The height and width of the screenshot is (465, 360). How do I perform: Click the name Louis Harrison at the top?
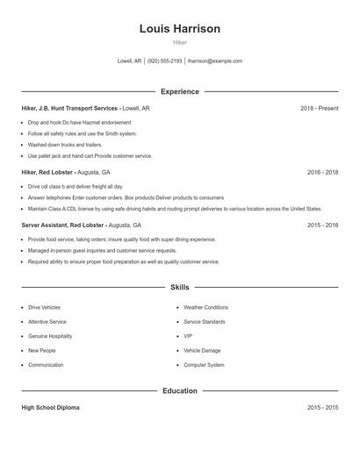coord(179,29)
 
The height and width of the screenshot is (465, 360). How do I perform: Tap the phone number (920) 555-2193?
coord(164,61)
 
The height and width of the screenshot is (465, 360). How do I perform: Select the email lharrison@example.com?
coord(215,61)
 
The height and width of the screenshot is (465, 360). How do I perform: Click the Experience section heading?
coord(179,91)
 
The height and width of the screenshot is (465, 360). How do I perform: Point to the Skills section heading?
coord(179,287)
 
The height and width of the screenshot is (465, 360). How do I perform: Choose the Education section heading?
coord(179,390)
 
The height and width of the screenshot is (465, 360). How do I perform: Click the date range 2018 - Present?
coord(319,108)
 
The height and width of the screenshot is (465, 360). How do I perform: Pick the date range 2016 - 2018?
coord(322,173)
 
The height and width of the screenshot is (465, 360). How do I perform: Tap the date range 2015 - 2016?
coord(322,225)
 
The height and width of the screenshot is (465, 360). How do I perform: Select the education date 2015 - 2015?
coord(322,408)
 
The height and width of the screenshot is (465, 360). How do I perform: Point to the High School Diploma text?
coord(51,408)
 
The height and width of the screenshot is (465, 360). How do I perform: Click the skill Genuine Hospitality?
coord(50,336)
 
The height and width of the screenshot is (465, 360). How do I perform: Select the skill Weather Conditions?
coord(205,308)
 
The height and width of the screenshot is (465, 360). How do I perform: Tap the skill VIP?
coord(188,336)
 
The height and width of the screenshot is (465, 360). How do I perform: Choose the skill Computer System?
coord(204,365)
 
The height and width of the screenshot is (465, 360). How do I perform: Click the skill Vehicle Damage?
coord(202,350)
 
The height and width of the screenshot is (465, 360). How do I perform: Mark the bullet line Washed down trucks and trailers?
coord(65,145)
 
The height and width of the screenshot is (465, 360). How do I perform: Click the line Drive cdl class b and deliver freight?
coord(76,187)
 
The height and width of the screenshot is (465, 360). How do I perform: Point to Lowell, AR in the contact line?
coord(129,61)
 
